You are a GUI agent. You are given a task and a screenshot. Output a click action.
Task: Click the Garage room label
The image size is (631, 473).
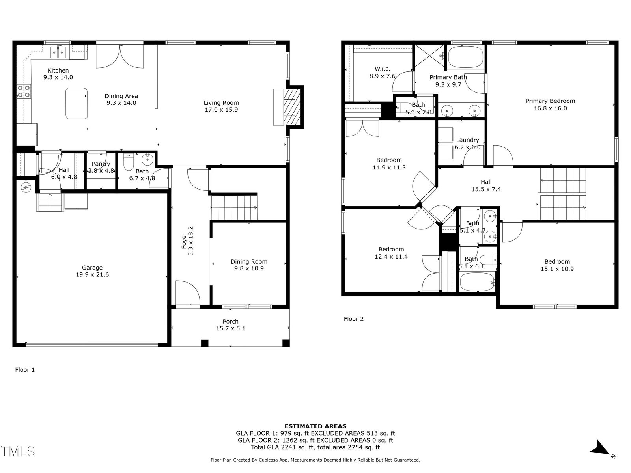point(92,268)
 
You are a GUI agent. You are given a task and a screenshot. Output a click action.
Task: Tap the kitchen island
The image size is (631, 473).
point(77,103)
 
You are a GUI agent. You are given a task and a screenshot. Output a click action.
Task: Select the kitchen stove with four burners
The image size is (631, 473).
point(24,91)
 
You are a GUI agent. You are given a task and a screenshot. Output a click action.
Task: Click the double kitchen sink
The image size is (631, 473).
point(58,52)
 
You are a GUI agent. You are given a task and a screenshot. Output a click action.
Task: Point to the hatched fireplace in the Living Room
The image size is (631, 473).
point(292,107)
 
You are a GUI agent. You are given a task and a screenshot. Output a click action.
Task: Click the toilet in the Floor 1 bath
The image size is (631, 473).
point(128,163)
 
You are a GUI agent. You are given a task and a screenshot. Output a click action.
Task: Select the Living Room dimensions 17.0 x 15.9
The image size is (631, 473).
point(221,110)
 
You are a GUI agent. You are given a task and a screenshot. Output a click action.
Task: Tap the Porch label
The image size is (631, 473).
point(231,322)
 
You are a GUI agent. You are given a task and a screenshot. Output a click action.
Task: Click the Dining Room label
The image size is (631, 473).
point(249,262)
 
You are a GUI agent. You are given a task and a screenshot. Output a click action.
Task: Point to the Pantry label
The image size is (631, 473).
point(101,164)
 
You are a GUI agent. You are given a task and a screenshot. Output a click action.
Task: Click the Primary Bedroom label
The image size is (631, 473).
point(550,101)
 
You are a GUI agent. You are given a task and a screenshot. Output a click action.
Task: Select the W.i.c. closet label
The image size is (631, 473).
point(382,69)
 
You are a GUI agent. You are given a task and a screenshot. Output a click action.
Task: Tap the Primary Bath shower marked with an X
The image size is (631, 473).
point(429,56)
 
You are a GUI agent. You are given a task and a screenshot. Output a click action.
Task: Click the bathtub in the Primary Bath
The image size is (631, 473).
point(465,57)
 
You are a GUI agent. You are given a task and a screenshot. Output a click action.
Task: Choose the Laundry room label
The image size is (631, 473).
point(467,140)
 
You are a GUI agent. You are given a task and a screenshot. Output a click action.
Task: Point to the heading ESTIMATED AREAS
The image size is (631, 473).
point(315,426)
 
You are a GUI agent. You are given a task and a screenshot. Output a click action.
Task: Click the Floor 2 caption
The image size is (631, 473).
point(354,319)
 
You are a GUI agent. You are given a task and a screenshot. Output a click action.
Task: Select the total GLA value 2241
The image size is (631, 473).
point(288,447)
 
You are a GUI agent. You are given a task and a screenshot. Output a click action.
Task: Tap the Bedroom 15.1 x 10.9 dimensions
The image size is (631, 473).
point(557,269)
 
